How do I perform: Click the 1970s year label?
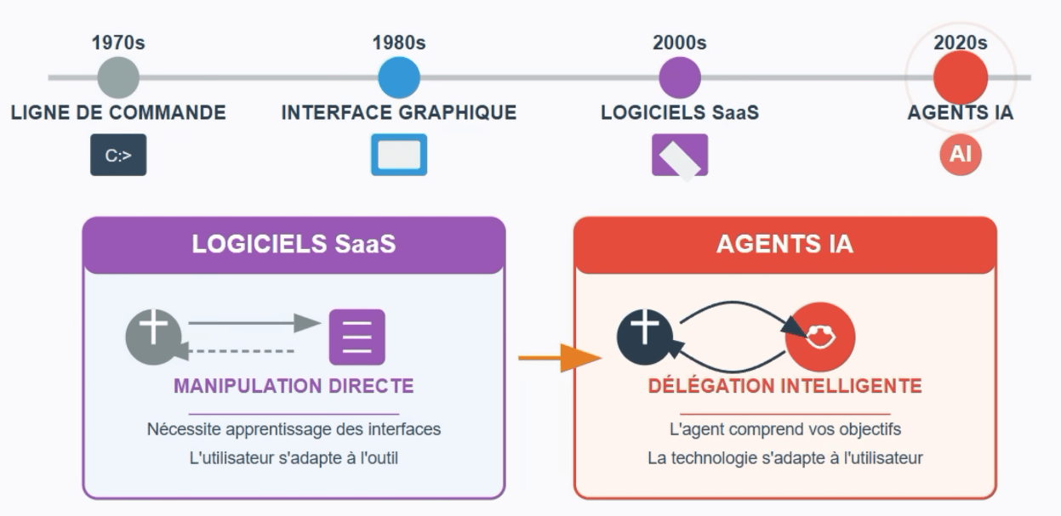point(118,43)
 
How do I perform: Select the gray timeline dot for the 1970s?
point(118,77)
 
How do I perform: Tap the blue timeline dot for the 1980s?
point(399,77)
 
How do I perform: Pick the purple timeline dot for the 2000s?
point(680,77)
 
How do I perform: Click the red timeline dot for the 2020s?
point(960,77)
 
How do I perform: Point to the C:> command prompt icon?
point(118,155)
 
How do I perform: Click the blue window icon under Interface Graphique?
point(399,155)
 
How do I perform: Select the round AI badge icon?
point(961,155)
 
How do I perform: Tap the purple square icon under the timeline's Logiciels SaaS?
point(680,156)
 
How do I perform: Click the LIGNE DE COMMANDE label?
point(118,113)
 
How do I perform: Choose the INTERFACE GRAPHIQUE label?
point(399,113)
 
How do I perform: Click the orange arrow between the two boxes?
point(560,358)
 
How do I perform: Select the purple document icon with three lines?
point(357,337)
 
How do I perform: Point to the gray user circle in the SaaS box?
point(153,337)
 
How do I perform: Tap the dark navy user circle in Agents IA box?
point(645,337)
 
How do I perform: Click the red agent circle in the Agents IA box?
point(820,337)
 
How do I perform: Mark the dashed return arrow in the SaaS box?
point(236,351)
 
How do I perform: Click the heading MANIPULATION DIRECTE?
point(294,386)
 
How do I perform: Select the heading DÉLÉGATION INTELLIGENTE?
point(784,386)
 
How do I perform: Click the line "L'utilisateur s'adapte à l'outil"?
point(294,458)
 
